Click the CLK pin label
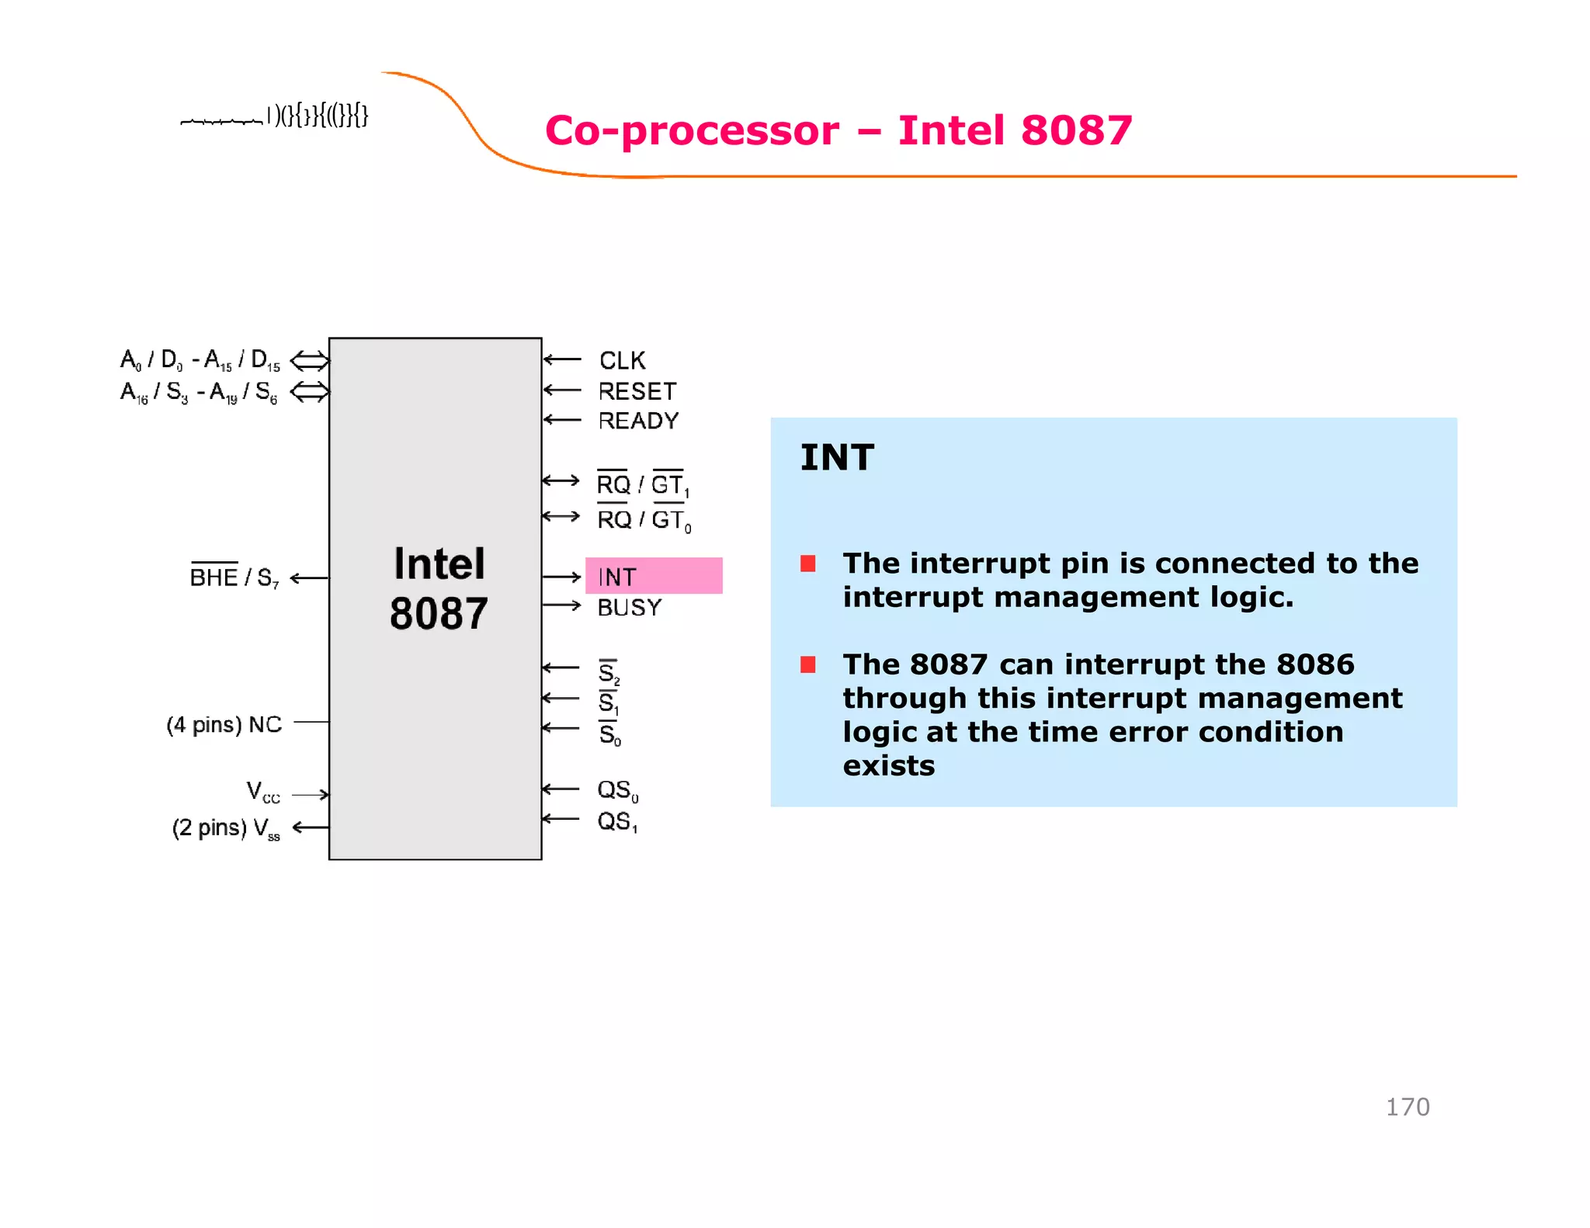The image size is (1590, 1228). pos(622,360)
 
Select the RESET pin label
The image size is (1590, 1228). pos(637,390)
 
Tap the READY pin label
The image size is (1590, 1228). pos(638,421)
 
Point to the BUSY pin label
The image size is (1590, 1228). pos(629,607)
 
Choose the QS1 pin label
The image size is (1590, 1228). pos(617,821)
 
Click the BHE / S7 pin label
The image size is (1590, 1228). pos(234,577)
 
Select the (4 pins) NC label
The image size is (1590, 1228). pos(224,724)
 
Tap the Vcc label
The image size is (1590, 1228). pos(262,793)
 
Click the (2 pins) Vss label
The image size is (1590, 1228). pos(226,828)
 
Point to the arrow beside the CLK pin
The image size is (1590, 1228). pos(562,359)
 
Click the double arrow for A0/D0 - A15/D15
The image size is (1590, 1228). pos(310,360)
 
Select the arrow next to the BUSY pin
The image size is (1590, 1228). pos(562,605)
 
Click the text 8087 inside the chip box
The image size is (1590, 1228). pos(439,613)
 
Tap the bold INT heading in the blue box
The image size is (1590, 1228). pos(837,457)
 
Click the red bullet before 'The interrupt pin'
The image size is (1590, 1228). pos(808,564)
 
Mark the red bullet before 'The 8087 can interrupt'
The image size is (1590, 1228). pos(808,664)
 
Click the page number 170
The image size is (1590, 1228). pos(1407,1107)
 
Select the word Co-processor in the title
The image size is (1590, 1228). pos(692,130)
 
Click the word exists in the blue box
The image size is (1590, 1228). pos(889,766)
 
